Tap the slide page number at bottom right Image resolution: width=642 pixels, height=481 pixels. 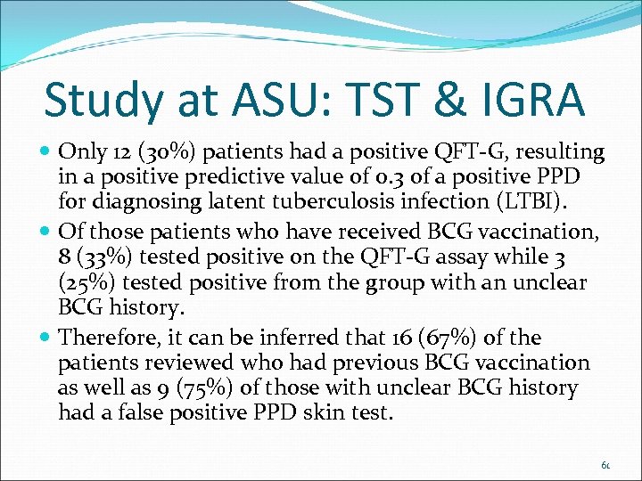tap(605, 465)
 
